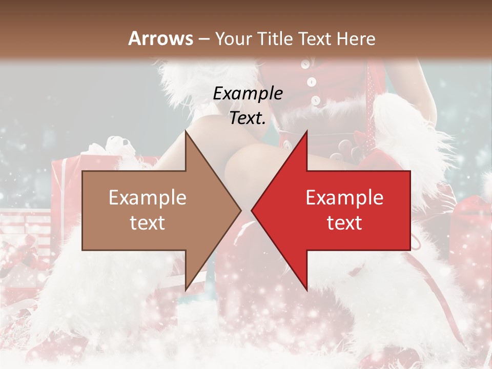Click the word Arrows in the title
[x=160, y=38]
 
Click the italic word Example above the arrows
[x=248, y=94]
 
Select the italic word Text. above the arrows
[x=248, y=118]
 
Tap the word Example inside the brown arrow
[x=148, y=197]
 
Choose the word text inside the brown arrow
[x=148, y=223]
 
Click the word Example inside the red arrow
[x=344, y=197]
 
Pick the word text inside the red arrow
[x=344, y=223]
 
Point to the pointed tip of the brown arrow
[x=241, y=210]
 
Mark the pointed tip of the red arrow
[x=252, y=210]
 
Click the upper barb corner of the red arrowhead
[x=306, y=132]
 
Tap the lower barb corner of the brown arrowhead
[x=186, y=290]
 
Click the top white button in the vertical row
[x=305, y=65]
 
